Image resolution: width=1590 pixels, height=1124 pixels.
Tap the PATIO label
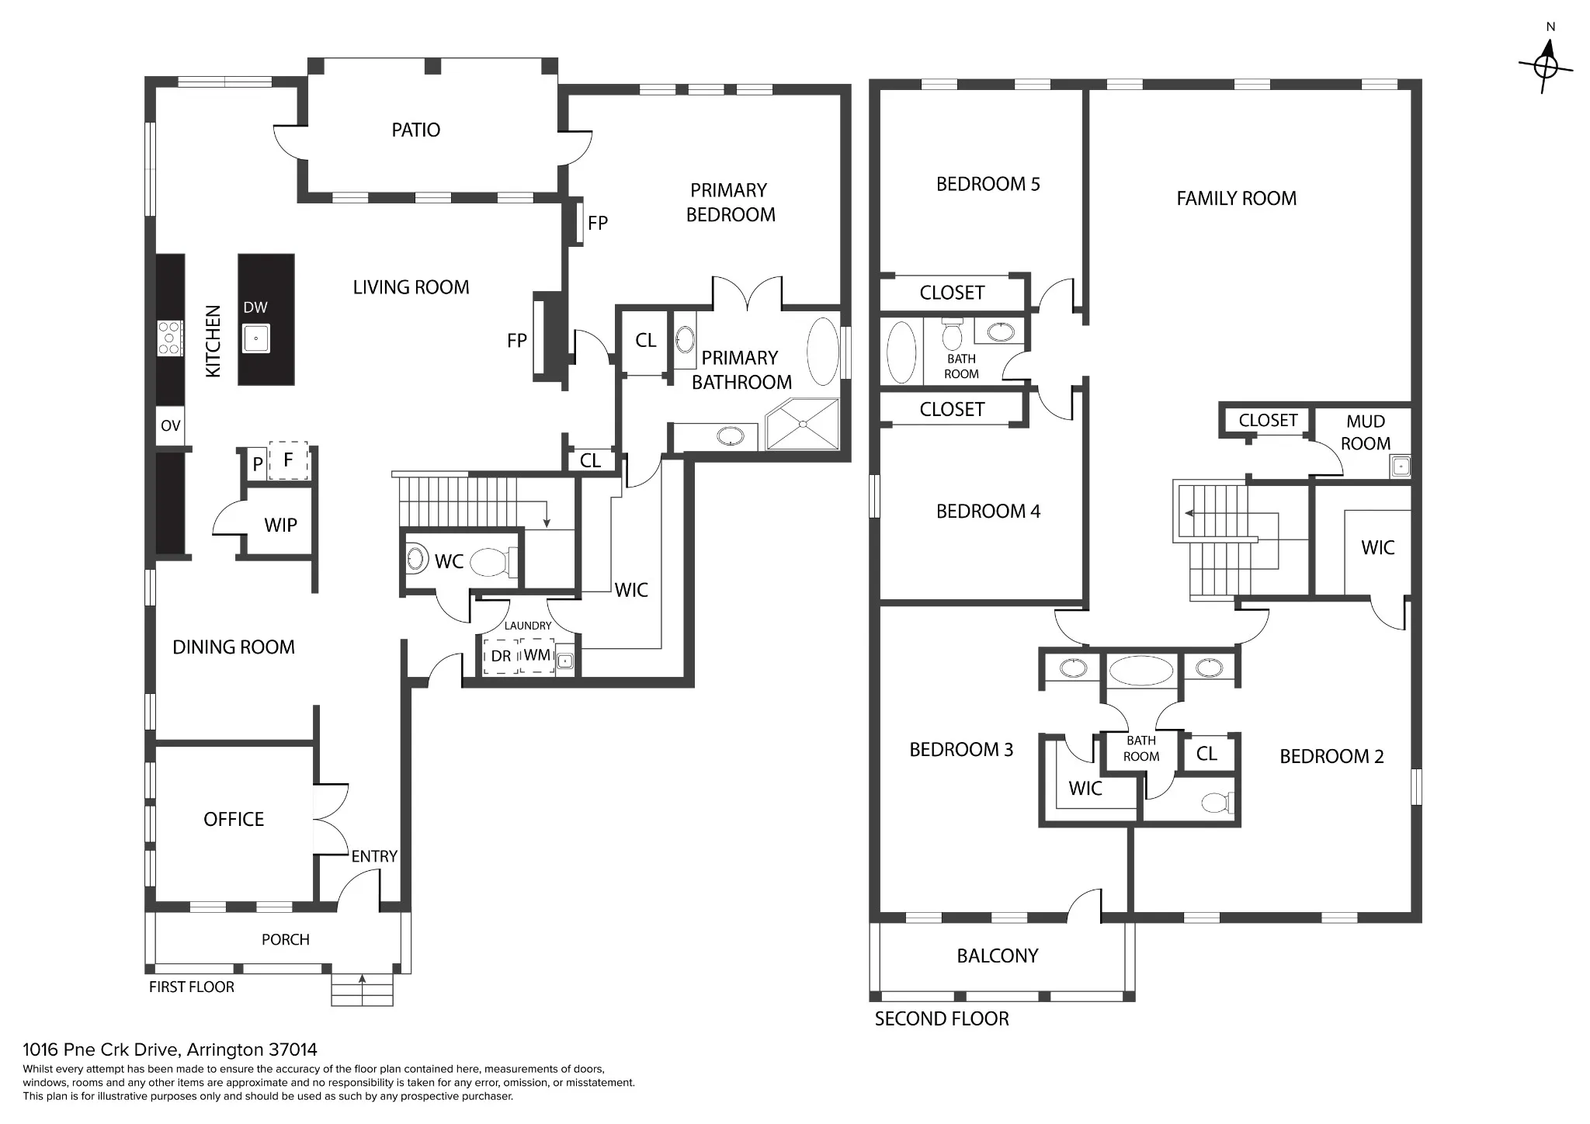point(415,130)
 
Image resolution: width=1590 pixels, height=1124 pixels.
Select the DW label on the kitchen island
point(255,307)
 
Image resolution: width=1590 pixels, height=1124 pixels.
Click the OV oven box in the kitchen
point(171,425)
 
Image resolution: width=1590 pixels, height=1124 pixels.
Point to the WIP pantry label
point(280,525)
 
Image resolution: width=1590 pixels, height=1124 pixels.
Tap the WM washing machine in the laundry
point(537,655)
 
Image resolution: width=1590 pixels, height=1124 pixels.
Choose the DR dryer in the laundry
point(501,656)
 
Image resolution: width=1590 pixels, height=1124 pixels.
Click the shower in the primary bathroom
point(803,424)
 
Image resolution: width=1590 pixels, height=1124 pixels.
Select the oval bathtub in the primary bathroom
point(823,351)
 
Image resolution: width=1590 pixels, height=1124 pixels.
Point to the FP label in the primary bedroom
point(598,224)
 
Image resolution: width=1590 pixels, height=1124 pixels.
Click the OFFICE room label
point(234,819)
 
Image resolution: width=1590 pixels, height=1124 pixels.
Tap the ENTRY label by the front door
point(374,856)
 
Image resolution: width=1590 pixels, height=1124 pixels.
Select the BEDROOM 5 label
point(988,184)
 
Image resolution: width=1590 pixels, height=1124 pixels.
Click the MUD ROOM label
point(1366,432)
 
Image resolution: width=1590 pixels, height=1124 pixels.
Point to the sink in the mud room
point(1401,467)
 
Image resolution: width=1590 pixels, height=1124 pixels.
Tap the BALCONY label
point(998,956)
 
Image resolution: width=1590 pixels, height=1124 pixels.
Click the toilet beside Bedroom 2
point(1217,802)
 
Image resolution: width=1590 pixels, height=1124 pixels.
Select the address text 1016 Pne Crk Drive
point(103,1049)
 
